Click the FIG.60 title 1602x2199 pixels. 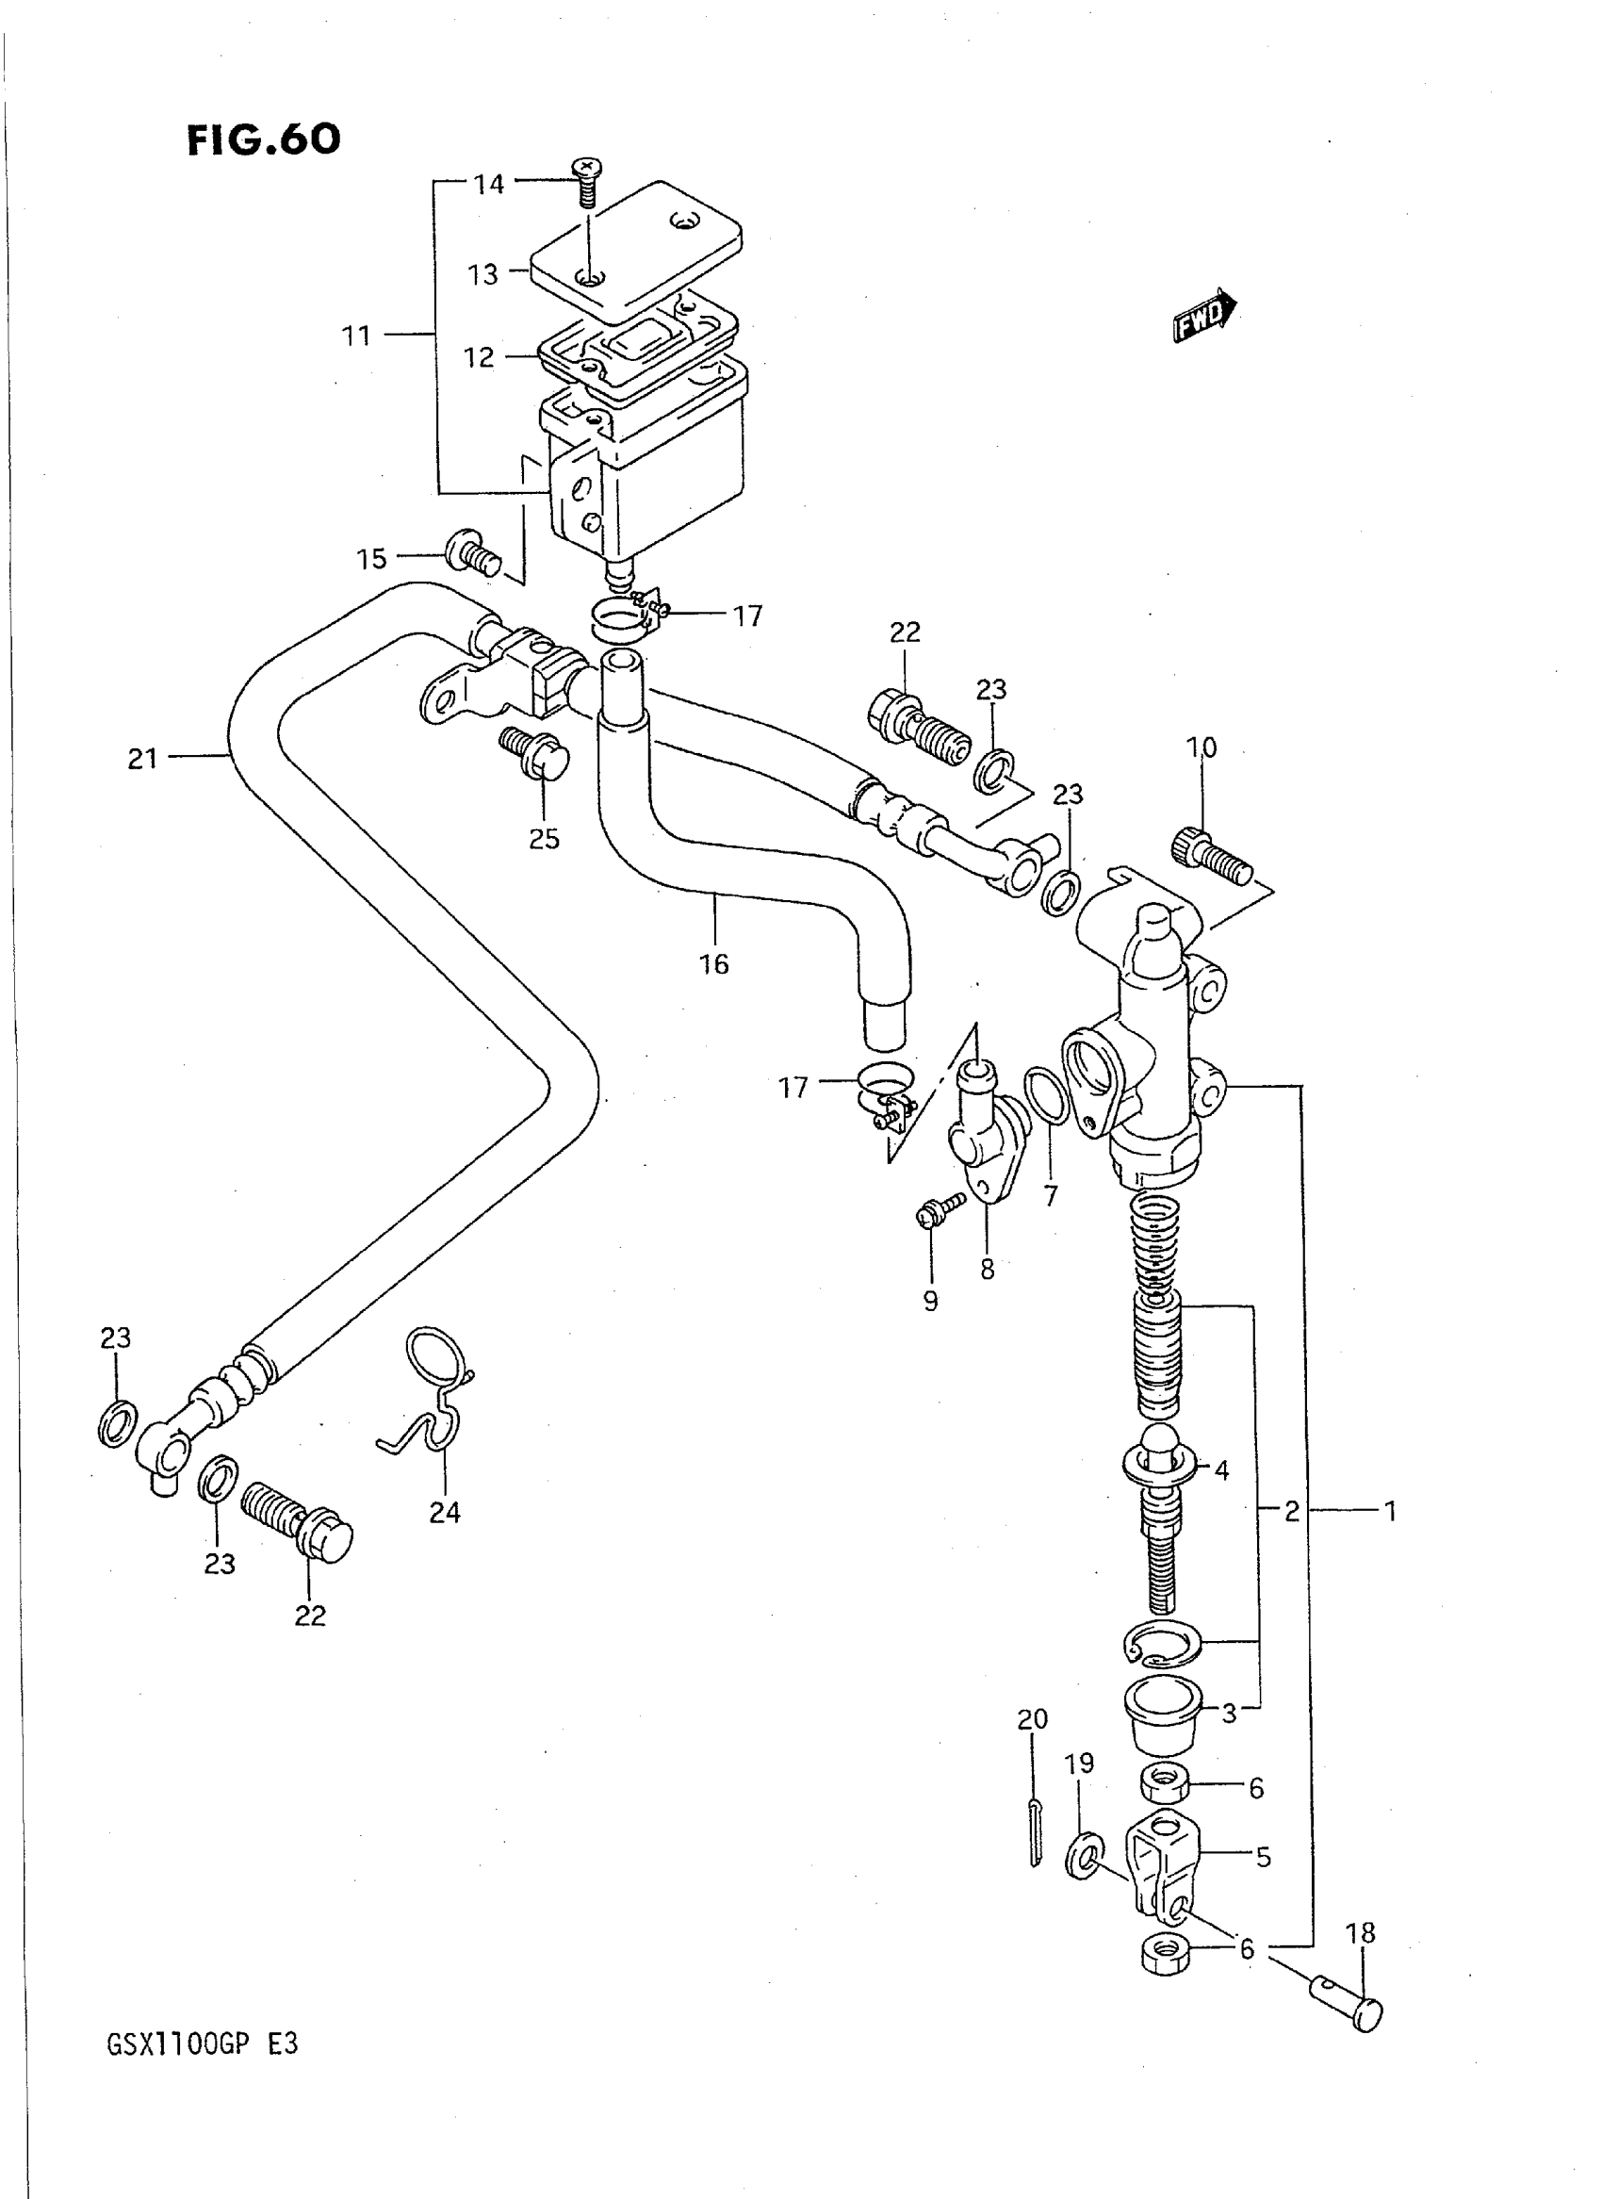click(x=263, y=139)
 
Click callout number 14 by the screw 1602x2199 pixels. click(x=489, y=184)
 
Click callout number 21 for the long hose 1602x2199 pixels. click(x=142, y=759)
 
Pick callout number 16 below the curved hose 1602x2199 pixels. click(x=713, y=963)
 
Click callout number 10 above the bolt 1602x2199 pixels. click(x=1201, y=747)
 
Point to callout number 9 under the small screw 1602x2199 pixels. click(x=931, y=1301)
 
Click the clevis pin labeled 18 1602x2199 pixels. click(x=1349, y=2003)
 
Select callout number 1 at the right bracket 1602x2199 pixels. click(x=1390, y=1510)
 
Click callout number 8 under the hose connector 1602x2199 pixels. click(x=988, y=1269)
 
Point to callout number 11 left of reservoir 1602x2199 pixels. click(x=357, y=336)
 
